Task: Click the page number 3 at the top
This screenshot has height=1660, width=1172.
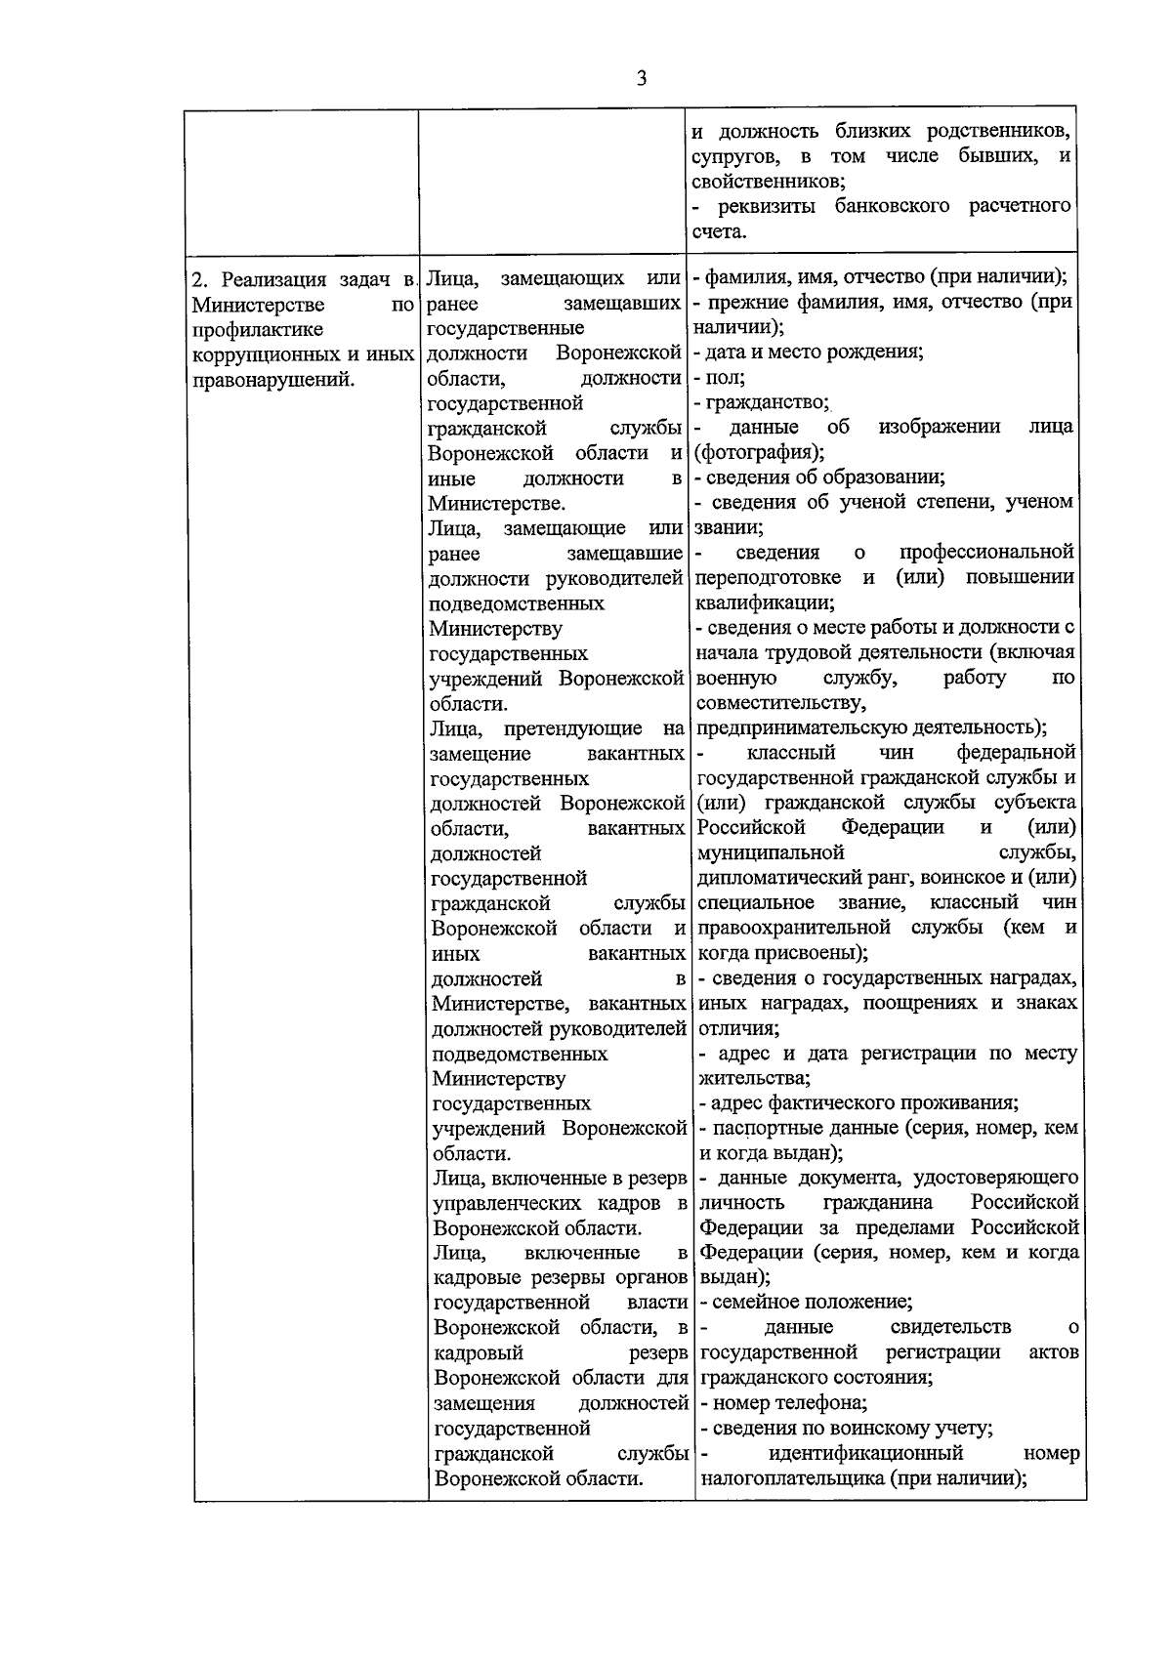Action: point(641,79)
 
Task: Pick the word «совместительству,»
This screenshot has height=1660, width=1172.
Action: point(779,702)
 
